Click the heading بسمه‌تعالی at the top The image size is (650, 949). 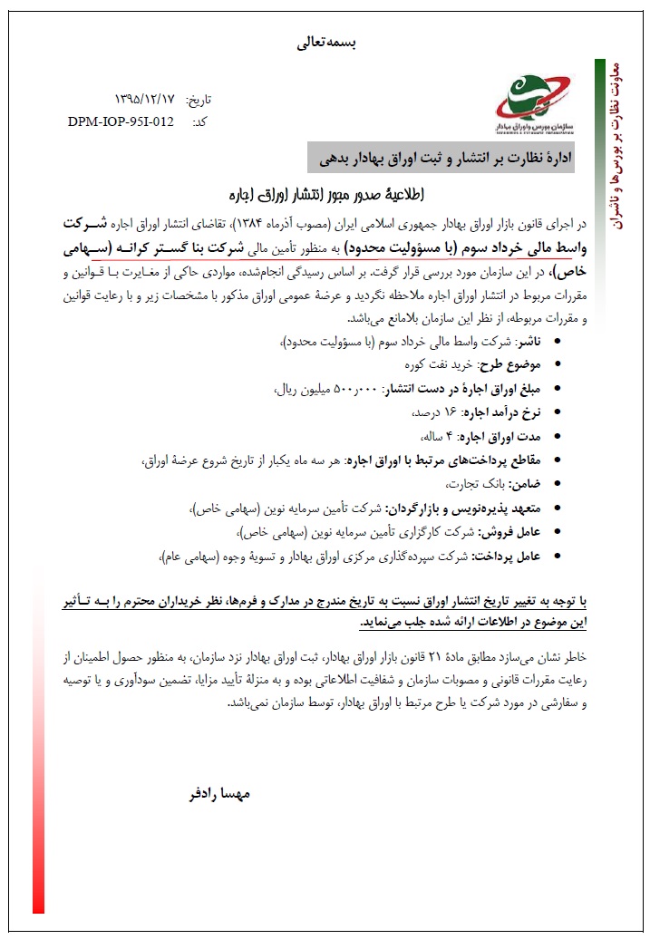324,42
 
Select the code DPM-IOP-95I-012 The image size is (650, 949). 121,121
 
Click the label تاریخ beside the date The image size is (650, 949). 198,99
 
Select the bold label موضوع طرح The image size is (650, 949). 509,364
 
